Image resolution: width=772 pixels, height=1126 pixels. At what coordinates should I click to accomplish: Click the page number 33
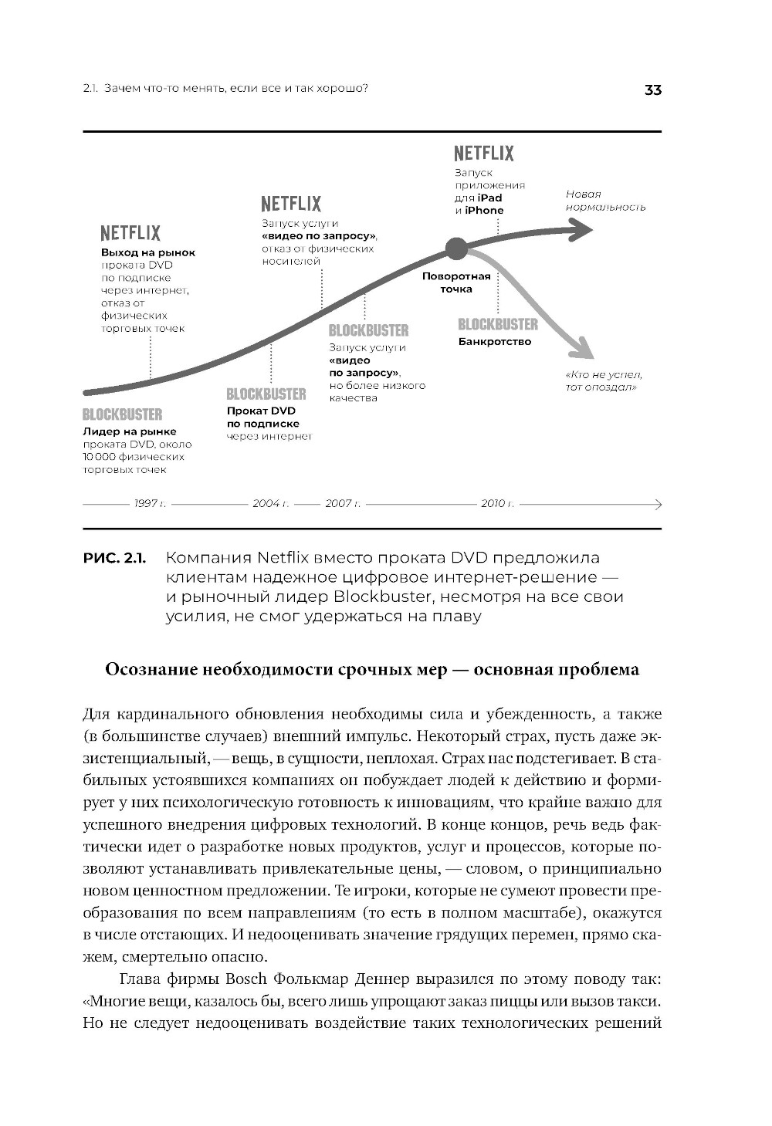652,90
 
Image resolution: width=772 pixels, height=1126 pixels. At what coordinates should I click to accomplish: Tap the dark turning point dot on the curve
456,249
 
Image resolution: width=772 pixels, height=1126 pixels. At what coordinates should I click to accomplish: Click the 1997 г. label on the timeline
150,504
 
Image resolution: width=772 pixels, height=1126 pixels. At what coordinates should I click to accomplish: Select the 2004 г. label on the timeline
270,504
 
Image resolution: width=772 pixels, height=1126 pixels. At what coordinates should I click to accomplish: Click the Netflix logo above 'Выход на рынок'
130,233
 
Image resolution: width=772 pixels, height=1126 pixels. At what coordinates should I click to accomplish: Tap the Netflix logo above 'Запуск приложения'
483,154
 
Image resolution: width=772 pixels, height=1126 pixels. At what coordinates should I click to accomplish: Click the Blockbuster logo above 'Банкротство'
498,324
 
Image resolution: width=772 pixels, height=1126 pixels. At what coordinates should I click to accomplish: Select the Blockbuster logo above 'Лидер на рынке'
123,414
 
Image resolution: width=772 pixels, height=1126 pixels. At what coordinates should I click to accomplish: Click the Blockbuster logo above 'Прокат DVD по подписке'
266,394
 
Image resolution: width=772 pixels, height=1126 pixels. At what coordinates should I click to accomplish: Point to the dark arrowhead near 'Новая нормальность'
581,228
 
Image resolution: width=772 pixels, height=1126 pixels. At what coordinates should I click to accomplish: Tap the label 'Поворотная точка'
456,282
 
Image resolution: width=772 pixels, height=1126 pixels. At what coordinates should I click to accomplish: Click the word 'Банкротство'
495,342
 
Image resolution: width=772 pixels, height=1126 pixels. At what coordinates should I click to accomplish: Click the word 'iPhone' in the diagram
484,210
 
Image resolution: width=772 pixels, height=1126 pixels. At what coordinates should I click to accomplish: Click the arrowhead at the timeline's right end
657,504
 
